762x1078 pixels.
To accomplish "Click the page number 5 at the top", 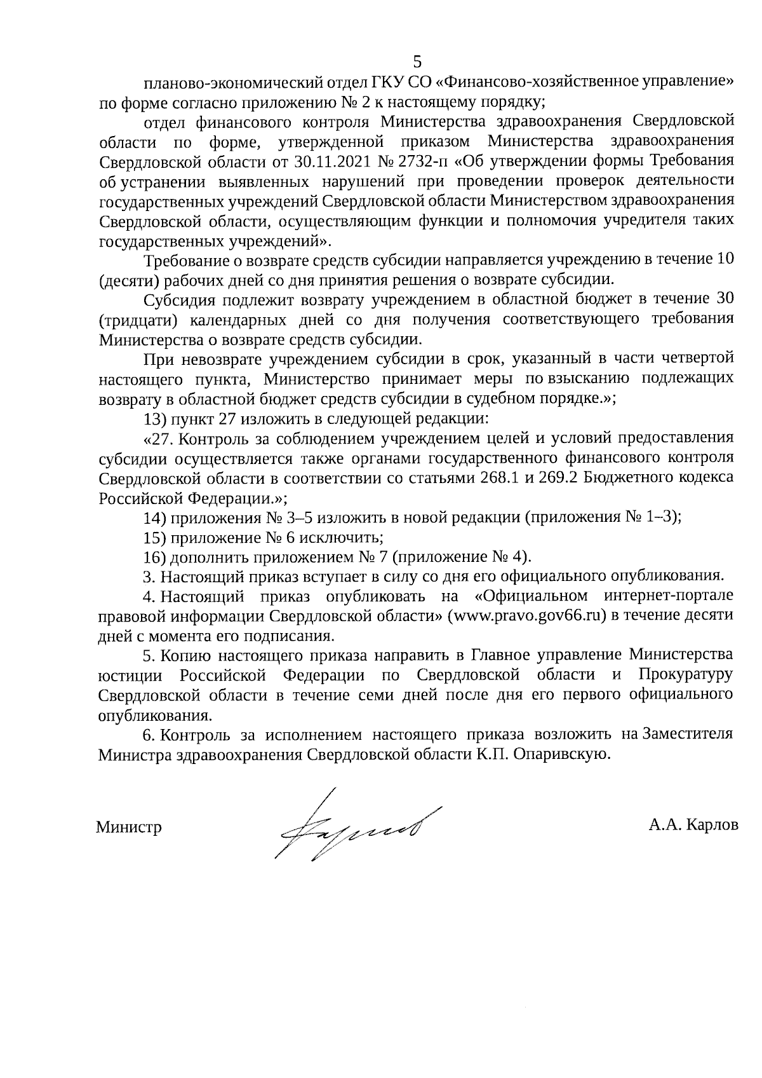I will (417, 62).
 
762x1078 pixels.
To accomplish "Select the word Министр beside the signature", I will (129, 827).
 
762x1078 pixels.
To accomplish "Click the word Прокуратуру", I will (686, 674).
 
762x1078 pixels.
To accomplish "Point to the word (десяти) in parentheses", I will (128, 279).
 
